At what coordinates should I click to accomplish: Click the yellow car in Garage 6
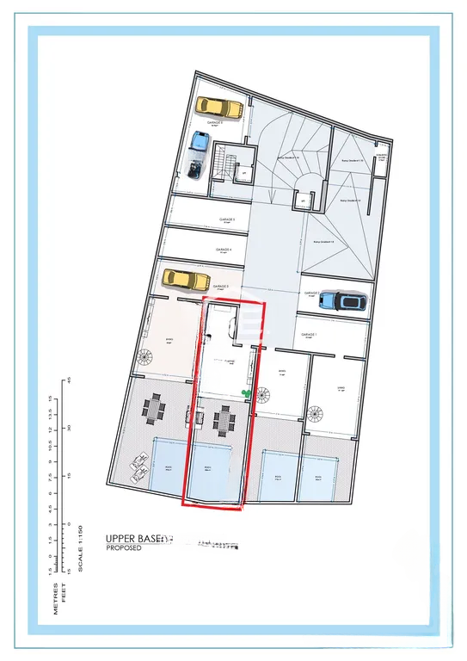(x=218, y=107)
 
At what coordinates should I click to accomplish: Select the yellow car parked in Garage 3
(x=186, y=279)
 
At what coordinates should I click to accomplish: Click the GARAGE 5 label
(x=227, y=220)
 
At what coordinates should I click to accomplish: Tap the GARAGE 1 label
(x=310, y=335)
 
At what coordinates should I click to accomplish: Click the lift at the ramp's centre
(x=303, y=202)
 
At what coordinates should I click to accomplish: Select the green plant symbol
(x=248, y=394)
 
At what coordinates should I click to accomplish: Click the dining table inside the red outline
(x=224, y=420)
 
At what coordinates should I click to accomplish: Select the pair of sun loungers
(x=139, y=470)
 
